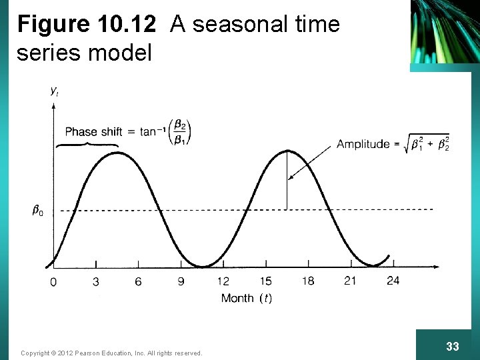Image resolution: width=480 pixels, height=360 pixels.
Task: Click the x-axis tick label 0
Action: click(53, 282)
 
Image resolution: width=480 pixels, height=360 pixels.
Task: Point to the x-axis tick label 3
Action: click(96, 282)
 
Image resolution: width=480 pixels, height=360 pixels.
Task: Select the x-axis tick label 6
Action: click(138, 282)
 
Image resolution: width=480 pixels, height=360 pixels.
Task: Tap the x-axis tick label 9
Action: click(181, 282)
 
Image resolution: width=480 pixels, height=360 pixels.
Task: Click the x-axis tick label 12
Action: click(223, 282)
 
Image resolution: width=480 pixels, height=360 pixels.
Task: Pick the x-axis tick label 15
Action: click(265, 281)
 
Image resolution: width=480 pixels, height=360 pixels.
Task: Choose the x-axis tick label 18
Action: click(307, 281)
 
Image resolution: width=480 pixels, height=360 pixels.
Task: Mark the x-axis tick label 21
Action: click(350, 281)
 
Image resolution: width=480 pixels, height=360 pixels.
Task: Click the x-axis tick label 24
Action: click(393, 281)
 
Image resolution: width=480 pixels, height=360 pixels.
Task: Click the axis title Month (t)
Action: click(246, 298)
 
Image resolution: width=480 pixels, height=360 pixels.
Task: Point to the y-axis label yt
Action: click(54, 92)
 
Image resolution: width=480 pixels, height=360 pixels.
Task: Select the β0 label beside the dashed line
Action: click(38, 211)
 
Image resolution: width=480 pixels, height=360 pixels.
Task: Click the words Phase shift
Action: click(93, 132)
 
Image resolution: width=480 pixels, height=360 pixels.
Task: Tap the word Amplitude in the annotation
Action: click(363, 144)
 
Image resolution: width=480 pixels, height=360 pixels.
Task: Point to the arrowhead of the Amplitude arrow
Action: click(290, 178)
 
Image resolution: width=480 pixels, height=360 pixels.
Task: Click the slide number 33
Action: click(452, 347)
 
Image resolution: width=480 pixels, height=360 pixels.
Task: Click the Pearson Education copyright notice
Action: click(111, 353)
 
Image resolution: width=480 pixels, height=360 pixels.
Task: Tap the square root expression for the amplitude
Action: click(427, 144)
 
